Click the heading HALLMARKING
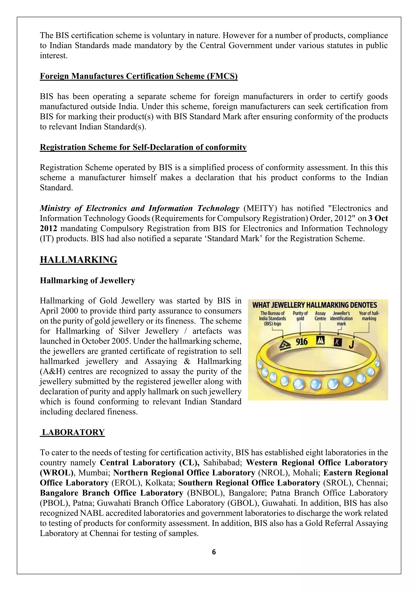pyautogui.click(x=79, y=260)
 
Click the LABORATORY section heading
pyautogui.click(x=73, y=432)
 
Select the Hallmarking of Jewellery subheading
pyautogui.click(x=88, y=280)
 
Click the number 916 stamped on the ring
pyautogui.click(x=302, y=342)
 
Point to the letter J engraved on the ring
pyautogui.click(x=351, y=345)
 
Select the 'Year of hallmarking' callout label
pyautogui.click(x=369, y=316)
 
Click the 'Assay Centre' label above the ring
pyautogui.click(x=320, y=316)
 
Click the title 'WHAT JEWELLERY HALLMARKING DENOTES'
pyautogui.click(x=315, y=305)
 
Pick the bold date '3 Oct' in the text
pyautogui.click(x=378, y=218)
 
